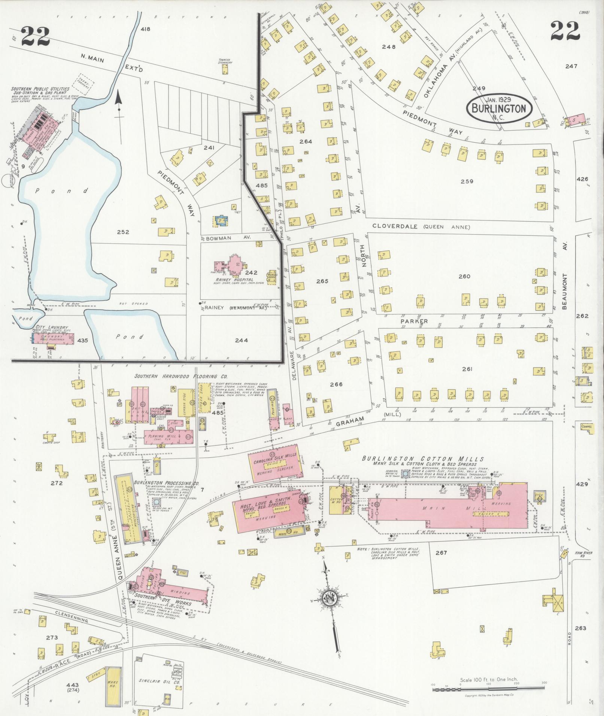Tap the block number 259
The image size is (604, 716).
[x=467, y=181]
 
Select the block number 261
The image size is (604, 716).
[x=467, y=369]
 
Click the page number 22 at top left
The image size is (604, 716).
[x=36, y=36]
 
